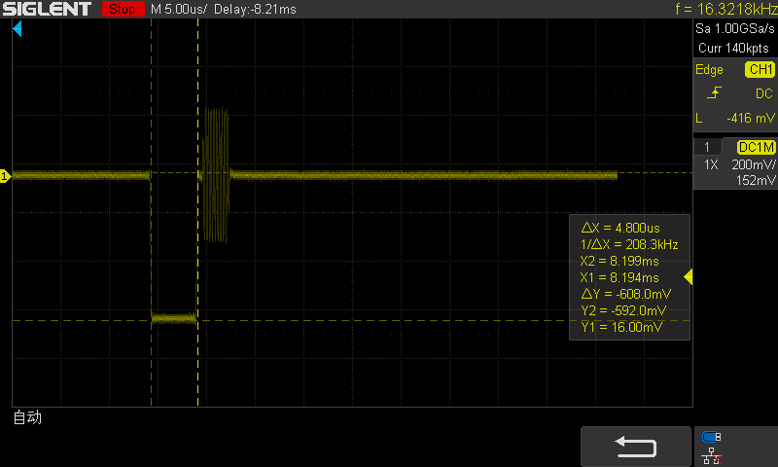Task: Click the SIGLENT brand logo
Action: pyautogui.click(x=47, y=9)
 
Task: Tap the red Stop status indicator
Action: pyautogui.click(x=123, y=9)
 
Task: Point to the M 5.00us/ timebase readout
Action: pyautogui.click(x=179, y=10)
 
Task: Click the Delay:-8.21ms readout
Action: pyautogui.click(x=255, y=10)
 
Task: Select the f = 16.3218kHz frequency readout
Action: pyautogui.click(x=725, y=9)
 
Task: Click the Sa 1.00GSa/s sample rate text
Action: pyautogui.click(x=734, y=28)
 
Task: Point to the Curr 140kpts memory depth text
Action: pyautogui.click(x=733, y=48)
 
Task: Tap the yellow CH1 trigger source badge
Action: pyautogui.click(x=760, y=69)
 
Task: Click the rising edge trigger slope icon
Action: pyautogui.click(x=714, y=92)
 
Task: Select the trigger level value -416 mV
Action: pyautogui.click(x=750, y=118)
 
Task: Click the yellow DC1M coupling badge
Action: pyautogui.click(x=757, y=147)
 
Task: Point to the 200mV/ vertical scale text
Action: pyautogui.click(x=753, y=164)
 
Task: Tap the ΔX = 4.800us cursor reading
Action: pyautogui.click(x=620, y=228)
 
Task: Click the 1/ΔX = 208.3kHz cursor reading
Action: pyautogui.click(x=629, y=244)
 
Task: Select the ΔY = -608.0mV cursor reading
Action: pyautogui.click(x=626, y=294)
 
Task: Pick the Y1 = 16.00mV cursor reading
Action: pyautogui.click(x=621, y=327)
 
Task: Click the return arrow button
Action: pyautogui.click(x=636, y=447)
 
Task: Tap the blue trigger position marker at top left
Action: pyautogui.click(x=18, y=29)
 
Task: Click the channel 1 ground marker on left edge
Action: pyautogui.click(x=5, y=176)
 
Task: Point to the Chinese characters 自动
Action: pyautogui.click(x=27, y=417)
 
